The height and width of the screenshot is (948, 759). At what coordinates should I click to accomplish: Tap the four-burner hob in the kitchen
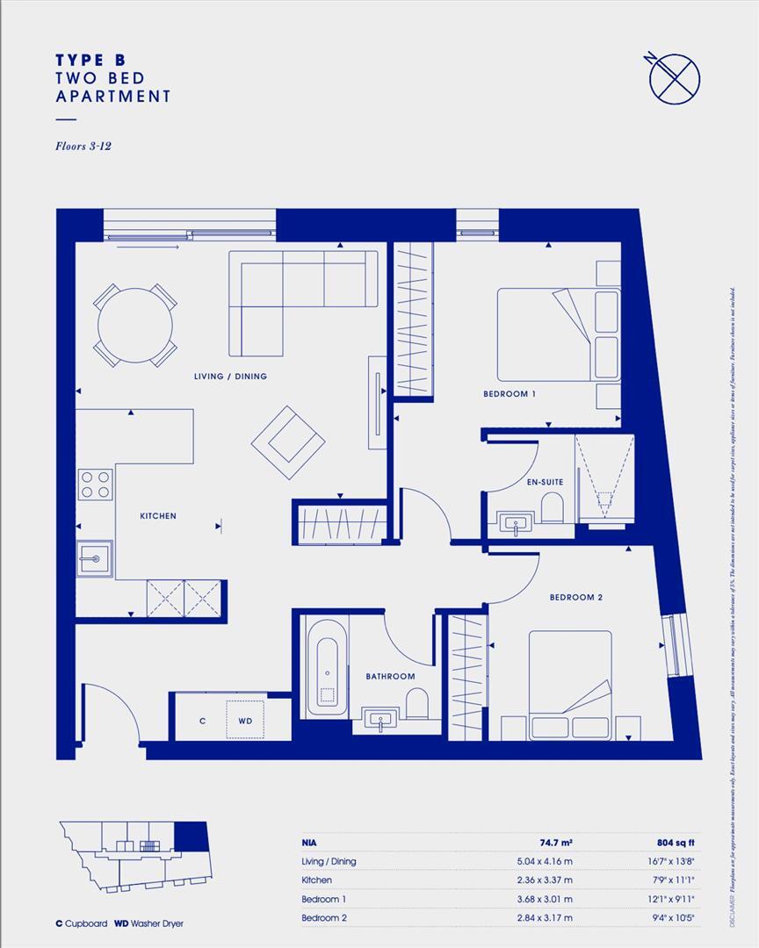pyautogui.click(x=96, y=485)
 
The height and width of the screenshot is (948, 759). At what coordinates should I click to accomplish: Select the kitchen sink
pyautogui.click(x=94, y=557)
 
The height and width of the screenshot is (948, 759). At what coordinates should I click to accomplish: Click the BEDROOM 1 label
pyautogui.click(x=510, y=394)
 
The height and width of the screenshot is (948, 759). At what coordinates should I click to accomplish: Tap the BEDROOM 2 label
pyautogui.click(x=576, y=598)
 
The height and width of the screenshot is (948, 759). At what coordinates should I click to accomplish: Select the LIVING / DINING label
pyautogui.click(x=230, y=377)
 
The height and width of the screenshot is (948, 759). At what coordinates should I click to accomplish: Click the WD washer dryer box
pyautogui.click(x=246, y=720)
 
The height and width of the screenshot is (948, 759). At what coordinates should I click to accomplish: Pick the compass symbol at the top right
pyautogui.click(x=674, y=76)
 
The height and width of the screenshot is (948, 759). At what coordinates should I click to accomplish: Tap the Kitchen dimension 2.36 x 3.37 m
pyautogui.click(x=547, y=880)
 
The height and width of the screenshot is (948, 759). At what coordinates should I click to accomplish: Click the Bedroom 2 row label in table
pyautogui.click(x=324, y=918)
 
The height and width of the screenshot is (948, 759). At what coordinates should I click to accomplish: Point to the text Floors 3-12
pyautogui.click(x=83, y=146)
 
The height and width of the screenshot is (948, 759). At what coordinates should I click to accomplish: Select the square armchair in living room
pyautogui.click(x=289, y=442)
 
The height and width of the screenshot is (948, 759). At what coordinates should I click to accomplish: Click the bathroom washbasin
pyautogui.click(x=380, y=720)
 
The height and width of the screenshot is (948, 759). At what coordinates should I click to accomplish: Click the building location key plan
pyautogui.click(x=134, y=850)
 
